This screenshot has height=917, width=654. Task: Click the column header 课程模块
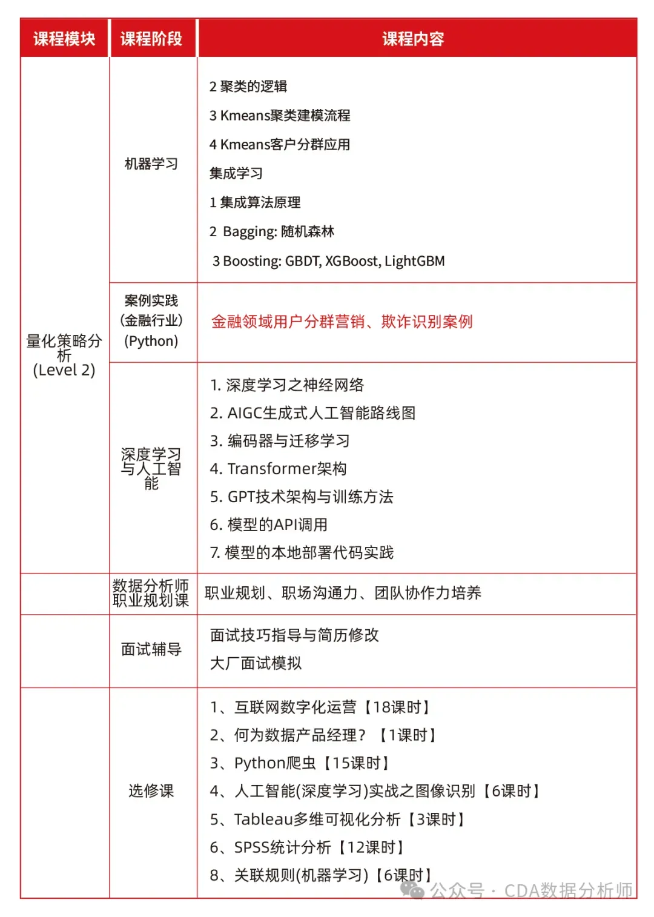pyautogui.click(x=64, y=39)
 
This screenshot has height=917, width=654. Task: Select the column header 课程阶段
pyautogui.click(x=151, y=39)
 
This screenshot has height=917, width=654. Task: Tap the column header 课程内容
pyautogui.click(x=413, y=39)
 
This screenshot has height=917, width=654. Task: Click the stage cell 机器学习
pyautogui.click(x=151, y=164)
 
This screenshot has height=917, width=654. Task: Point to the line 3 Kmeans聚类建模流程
pyautogui.click(x=280, y=115)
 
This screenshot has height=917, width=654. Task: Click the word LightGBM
pyautogui.click(x=415, y=261)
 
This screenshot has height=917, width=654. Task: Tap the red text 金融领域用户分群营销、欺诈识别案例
pyautogui.click(x=342, y=322)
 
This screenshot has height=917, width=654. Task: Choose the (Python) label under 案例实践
pyautogui.click(x=151, y=341)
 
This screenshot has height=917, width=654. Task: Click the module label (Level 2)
pyautogui.click(x=64, y=370)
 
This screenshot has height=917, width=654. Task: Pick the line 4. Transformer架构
pyautogui.click(x=279, y=468)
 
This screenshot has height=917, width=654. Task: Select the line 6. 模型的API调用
pyautogui.click(x=269, y=525)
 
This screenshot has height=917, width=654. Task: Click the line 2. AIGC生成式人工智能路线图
pyautogui.click(x=312, y=413)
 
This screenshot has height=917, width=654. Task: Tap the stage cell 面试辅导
pyautogui.click(x=151, y=649)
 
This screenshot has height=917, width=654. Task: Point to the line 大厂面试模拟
pyautogui.click(x=256, y=663)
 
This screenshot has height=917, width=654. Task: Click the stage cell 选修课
pyautogui.click(x=151, y=790)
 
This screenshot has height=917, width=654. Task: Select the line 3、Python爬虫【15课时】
pyautogui.click(x=300, y=763)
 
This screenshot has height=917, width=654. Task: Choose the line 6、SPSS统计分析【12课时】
pyautogui.click(x=307, y=847)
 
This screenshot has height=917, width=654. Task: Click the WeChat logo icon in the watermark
pyautogui.click(x=412, y=890)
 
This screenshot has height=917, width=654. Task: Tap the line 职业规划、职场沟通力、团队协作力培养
pyautogui.click(x=343, y=592)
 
